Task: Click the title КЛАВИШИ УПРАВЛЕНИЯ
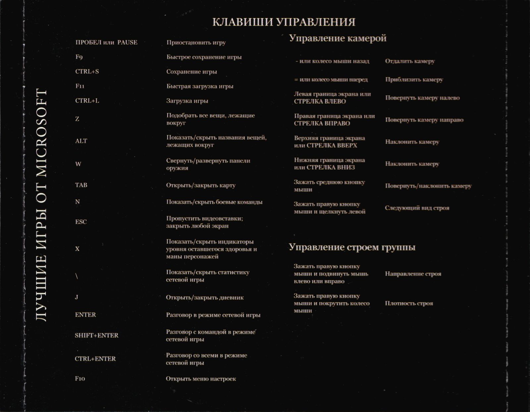coord(284,22)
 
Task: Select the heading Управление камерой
coord(338,38)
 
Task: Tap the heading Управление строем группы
coord(352,247)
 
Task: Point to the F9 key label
coord(79,57)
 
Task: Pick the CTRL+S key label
coord(87,72)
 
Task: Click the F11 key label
coord(80,86)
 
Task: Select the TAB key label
coord(81,185)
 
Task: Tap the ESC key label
coord(81,222)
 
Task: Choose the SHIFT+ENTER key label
coord(96,335)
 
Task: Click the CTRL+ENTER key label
coord(95,359)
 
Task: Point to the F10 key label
coord(80,379)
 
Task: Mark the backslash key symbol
coord(77,276)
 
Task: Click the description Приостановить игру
coord(196,42)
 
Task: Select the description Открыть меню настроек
coord(201,379)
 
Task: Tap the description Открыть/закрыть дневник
coord(205,297)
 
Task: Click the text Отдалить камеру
coord(410,61)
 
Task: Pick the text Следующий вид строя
coord(417,208)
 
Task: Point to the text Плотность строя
coord(409,303)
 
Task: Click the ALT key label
coord(81,141)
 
